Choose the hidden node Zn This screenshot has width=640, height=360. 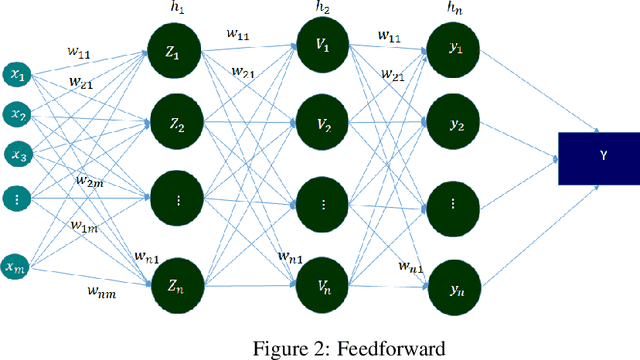pos(172,285)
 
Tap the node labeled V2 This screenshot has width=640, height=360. pos(322,126)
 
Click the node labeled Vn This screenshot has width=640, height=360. pos(322,285)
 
